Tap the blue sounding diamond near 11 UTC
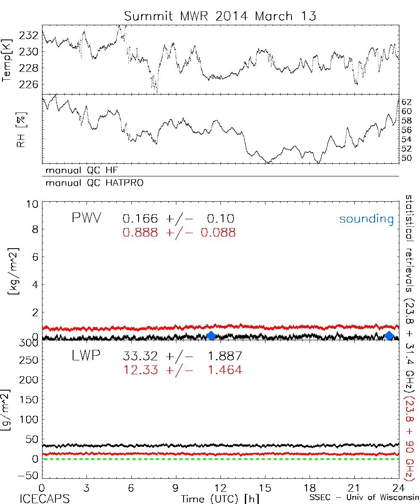click(x=211, y=335)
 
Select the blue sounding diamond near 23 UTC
click(x=389, y=335)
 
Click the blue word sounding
click(x=367, y=219)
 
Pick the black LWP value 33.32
click(x=140, y=357)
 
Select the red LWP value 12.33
click(x=140, y=370)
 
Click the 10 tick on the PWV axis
click(x=34, y=205)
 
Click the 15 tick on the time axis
click(x=265, y=488)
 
